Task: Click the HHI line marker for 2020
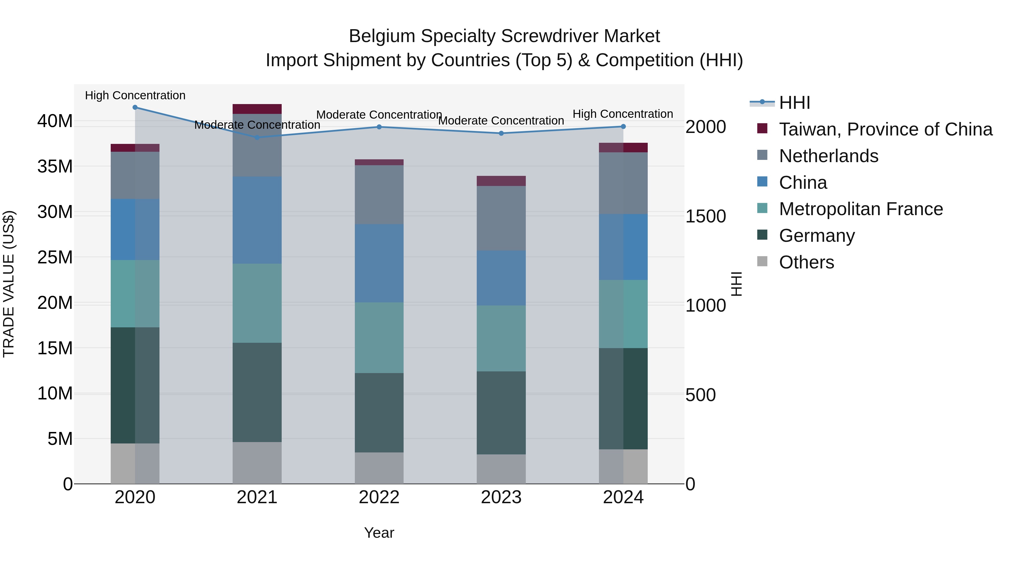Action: pyautogui.click(x=135, y=107)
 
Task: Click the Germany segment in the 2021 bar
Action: pyautogui.click(x=257, y=392)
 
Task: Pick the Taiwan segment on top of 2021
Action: pyautogui.click(x=257, y=109)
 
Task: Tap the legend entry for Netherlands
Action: pyautogui.click(x=829, y=156)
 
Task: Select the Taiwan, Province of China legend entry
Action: pyautogui.click(x=885, y=129)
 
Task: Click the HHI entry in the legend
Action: pyautogui.click(x=794, y=103)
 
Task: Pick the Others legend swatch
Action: pyautogui.click(x=762, y=261)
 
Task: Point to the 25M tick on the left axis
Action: pyautogui.click(x=55, y=257)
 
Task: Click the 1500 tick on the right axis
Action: pyautogui.click(x=705, y=216)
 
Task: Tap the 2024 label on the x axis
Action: pyautogui.click(x=623, y=497)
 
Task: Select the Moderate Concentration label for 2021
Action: pyautogui.click(x=257, y=125)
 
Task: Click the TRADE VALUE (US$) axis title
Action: pyautogui.click(x=9, y=284)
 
